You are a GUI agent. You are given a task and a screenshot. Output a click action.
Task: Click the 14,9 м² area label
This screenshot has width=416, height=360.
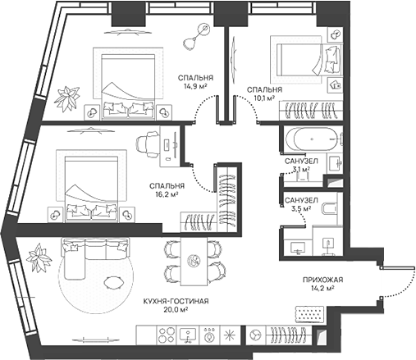click(x=195, y=87)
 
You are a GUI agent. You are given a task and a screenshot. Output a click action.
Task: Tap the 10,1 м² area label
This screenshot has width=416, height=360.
click(x=264, y=98)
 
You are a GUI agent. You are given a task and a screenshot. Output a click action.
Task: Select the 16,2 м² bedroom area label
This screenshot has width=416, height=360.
click(x=167, y=194)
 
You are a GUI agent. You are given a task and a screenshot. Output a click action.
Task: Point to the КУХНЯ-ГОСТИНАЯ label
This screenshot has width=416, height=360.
click(x=176, y=301)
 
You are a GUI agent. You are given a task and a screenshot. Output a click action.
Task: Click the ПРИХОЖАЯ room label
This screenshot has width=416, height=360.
click(x=322, y=280)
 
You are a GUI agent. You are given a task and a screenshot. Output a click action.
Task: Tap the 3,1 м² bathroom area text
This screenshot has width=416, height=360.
click(x=301, y=170)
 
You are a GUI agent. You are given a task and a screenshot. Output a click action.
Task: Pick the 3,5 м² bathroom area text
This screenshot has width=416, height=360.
click(x=301, y=209)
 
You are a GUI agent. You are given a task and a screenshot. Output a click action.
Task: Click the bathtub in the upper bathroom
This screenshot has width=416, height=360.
click(x=312, y=139)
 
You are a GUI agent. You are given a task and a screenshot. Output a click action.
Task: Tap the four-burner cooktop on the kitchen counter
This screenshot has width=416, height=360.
click(x=167, y=335)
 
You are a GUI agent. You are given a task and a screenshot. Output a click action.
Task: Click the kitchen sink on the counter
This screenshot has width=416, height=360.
click(x=188, y=335)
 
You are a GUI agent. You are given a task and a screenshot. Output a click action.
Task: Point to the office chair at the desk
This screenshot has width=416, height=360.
click(x=147, y=144)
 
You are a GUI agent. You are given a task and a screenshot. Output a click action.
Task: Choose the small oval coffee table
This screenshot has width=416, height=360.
click(x=114, y=282)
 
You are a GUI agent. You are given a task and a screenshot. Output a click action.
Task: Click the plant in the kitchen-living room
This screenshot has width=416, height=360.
click(x=39, y=257)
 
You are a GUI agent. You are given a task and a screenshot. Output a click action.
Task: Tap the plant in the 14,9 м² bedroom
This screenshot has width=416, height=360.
click(x=67, y=98)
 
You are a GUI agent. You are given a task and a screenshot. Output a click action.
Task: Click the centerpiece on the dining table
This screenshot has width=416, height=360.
click(x=194, y=260)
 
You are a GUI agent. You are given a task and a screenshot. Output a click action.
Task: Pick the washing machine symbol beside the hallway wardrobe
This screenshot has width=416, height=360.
click(x=255, y=335)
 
